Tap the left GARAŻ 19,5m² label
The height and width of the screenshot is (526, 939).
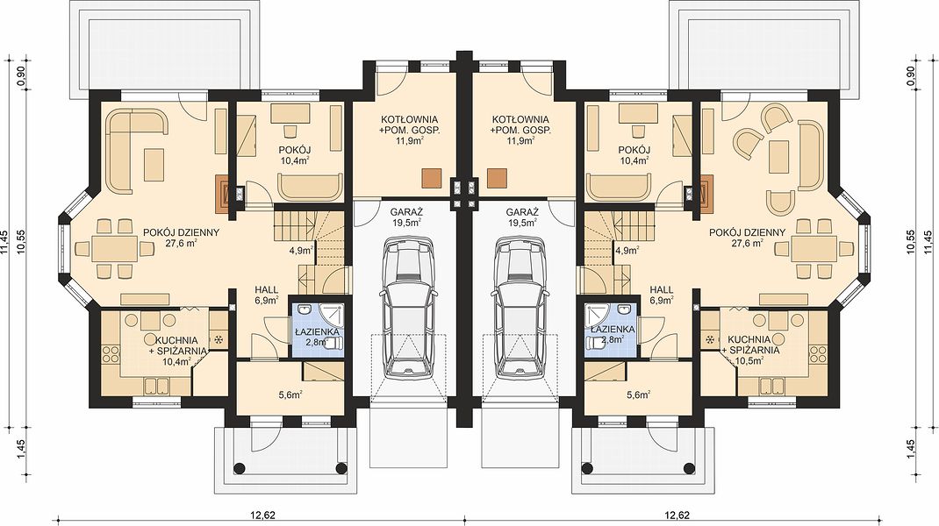[406, 217]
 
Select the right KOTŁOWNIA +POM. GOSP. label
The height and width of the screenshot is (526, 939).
[520, 130]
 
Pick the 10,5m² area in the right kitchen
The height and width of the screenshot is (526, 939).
[750, 361]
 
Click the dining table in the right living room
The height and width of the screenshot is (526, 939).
[814, 247]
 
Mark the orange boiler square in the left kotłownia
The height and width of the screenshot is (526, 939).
[431, 178]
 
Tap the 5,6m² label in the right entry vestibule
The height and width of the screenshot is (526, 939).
[637, 394]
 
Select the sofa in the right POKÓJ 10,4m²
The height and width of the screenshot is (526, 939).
[619, 188]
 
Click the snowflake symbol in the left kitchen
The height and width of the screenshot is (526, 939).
[219, 339]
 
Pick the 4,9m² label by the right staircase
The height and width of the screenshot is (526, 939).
[626, 251]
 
